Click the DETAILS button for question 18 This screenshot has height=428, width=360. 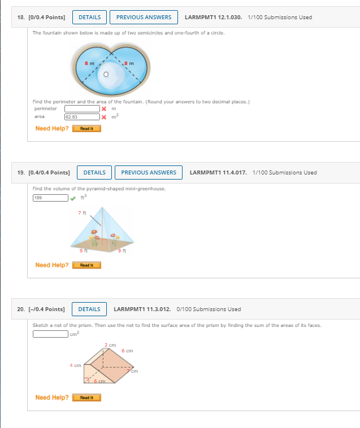(89, 18)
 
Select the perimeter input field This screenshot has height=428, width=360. (82, 108)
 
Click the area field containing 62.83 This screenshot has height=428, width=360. (82, 117)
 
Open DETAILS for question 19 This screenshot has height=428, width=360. (94, 173)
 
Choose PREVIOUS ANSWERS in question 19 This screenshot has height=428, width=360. (149, 173)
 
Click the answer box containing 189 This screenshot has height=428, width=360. (50, 198)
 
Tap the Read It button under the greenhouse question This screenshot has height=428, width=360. (86, 265)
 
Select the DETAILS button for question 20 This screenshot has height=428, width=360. (89, 309)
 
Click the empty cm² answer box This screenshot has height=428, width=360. (50, 334)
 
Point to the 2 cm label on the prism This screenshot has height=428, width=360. (110, 345)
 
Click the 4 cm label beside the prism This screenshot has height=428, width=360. (75, 365)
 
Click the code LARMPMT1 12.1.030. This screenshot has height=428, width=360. (214, 18)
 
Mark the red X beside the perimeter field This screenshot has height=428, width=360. (103, 108)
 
